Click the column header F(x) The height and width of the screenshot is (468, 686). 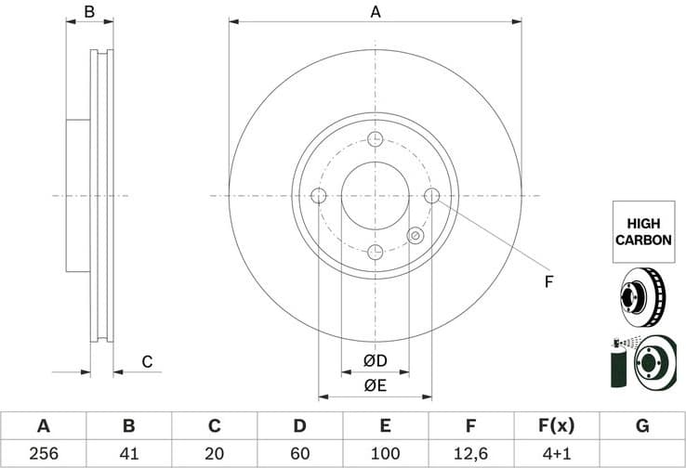(x=556, y=426)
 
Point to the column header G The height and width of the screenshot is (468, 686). (x=641, y=426)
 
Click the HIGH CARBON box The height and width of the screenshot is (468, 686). (x=642, y=232)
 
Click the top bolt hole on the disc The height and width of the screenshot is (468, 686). (x=375, y=139)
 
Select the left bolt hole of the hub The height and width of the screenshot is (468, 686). (x=318, y=196)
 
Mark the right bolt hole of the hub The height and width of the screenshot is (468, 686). (x=431, y=196)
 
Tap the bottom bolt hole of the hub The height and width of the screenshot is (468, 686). (x=375, y=253)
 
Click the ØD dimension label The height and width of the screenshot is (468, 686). (x=375, y=360)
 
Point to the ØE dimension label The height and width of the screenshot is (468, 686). (x=375, y=385)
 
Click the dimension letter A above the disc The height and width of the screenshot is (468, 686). (x=375, y=12)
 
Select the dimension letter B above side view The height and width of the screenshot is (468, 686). (x=90, y=12)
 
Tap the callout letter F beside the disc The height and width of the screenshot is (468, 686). (x=548, y=281)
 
